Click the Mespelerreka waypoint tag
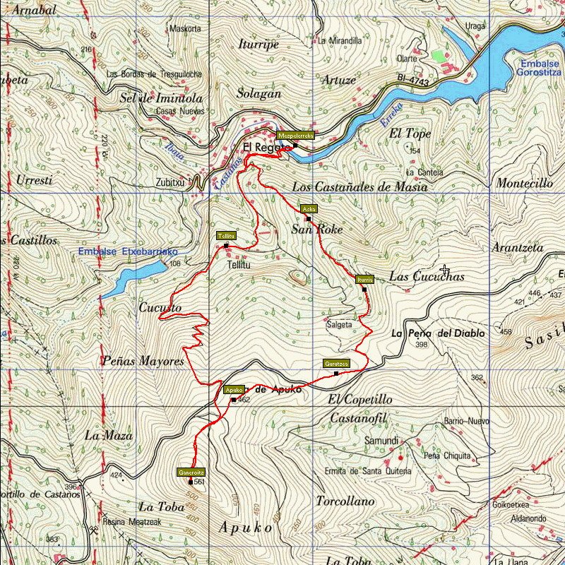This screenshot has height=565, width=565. point(295,135)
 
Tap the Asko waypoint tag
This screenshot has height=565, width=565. point(309,209)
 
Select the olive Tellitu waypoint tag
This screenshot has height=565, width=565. point(226,235)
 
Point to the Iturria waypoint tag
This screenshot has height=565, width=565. point(364,279)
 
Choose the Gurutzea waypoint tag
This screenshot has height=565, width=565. point(336,363)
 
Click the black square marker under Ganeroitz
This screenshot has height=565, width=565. point(191,482)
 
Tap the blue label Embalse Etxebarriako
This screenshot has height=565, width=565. point(128,251)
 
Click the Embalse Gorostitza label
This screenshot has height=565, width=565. point(540,68)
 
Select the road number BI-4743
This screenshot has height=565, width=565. point(412,83)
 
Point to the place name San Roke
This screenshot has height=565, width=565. point(317,230)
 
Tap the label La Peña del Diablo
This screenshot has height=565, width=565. point(438,333)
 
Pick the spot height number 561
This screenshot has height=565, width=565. point(199,482)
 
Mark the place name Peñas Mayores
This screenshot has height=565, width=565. point(143,361)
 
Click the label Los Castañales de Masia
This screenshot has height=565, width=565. point(359,187)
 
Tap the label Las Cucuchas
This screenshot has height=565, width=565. point(427,277)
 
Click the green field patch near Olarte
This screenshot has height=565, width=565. point(439,55)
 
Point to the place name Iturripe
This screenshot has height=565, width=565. point(258,44)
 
